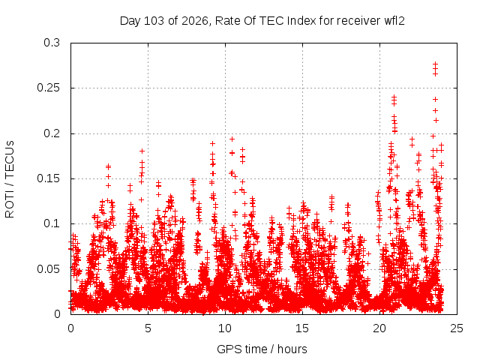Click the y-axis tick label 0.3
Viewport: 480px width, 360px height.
(x=52, y=43)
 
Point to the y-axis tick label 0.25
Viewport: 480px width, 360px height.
(x=48, y=88)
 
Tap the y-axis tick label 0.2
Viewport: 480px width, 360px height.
(x=52, y=133)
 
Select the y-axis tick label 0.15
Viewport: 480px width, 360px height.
(x=48, y=178)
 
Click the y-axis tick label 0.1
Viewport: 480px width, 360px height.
(x=52, y=223)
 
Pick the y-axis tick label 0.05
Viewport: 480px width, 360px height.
(x=48, y=269)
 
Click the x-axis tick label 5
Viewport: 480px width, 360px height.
(x=148, y=328)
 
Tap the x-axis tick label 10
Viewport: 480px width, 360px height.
(x=225, y=328)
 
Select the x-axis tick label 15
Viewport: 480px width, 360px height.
(x=302, y=328)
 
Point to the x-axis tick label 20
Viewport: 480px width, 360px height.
(x=379, y=328)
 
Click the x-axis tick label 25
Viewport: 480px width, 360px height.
(x=457, y=328)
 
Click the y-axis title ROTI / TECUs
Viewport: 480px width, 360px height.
(x=10, y=179)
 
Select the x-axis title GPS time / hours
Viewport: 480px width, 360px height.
(x=262, y=349)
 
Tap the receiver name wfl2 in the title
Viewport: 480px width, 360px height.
(x=394, y=21)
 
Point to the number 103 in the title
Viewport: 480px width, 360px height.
(x=154, y=21)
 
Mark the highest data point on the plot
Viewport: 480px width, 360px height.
(x=435, y=64)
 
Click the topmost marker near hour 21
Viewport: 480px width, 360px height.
(x=394, y=97)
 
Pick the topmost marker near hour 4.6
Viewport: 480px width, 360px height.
(x=142, y=151)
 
